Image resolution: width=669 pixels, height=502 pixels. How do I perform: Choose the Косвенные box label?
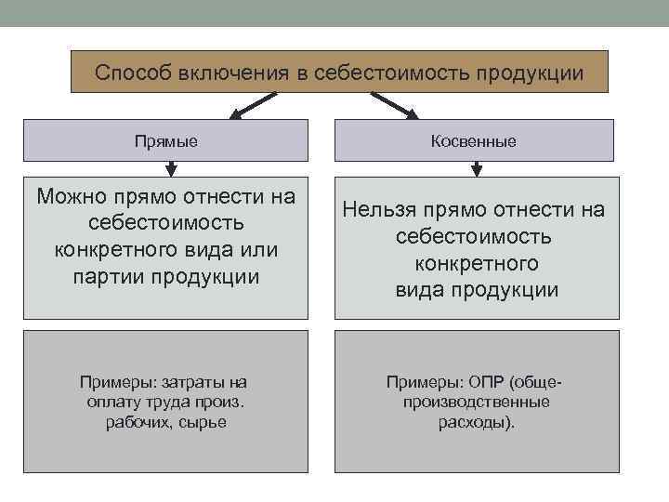[x=474, y=141]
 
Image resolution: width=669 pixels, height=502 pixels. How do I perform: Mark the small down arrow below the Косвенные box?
[x=477, y=168]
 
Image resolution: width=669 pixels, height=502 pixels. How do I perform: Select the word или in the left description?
[x=257, y=250]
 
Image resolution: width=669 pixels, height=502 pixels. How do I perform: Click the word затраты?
[x=190, y=382]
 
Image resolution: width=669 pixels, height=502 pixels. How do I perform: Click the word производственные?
[x=476, y=403]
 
